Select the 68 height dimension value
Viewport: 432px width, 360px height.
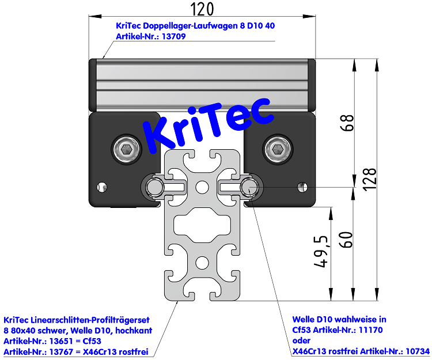point(347,123)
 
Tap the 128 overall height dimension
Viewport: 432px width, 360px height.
point(370,179)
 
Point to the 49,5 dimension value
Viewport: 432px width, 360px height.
point(322,252)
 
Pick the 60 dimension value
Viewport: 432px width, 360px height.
point(346,239)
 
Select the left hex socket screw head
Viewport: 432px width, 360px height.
point(127,150)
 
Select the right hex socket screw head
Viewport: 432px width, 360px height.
point(276,150)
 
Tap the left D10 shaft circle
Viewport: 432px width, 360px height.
point(154,187)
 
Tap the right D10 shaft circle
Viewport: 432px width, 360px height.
point(249,186)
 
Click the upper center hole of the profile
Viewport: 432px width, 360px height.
point(202,187)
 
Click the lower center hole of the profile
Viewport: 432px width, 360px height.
point(202,263)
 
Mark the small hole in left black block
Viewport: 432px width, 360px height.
point(103,187)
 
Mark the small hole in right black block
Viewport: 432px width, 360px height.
point(300,187)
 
